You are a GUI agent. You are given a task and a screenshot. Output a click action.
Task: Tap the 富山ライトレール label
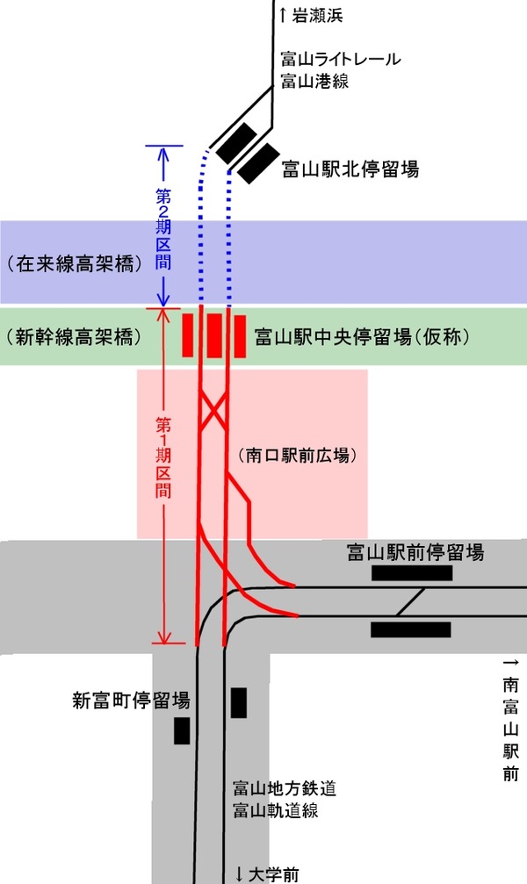tap(341, 60)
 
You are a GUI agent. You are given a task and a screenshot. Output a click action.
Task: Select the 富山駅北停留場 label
tap(350, 168)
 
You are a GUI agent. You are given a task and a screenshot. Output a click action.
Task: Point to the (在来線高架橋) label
tap(73, 263)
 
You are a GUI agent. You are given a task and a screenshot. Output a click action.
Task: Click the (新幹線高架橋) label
tap(73, 336)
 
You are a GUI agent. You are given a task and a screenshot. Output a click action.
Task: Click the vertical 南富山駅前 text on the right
tap(510, 720)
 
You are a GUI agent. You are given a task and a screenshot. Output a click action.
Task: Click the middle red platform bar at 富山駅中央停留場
tap(214, 334)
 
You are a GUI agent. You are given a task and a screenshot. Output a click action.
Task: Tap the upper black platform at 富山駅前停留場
tap(412, 573)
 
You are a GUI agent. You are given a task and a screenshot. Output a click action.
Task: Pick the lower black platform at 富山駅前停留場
tap(411, 629)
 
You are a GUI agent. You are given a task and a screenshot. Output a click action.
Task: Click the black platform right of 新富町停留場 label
tap(238, 703)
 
